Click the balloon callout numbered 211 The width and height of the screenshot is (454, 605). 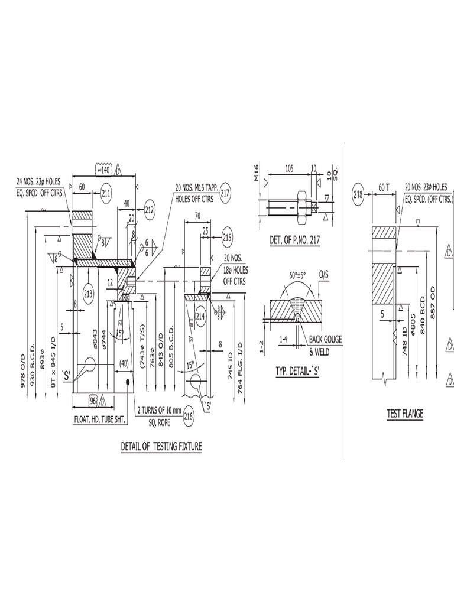(x=106, y=193)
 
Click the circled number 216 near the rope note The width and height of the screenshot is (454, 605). (x=189, y=416)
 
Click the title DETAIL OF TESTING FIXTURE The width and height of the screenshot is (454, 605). (x=161, y=447)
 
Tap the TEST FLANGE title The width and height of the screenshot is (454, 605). (x=405, y=414)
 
